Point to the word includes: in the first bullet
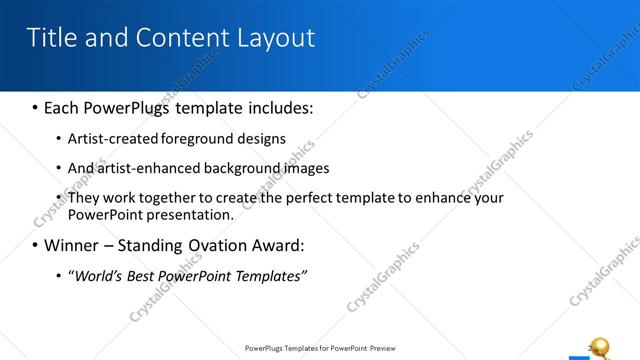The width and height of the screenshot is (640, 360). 278,106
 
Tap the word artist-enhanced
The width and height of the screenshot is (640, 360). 146,168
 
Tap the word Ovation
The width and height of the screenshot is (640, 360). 217,245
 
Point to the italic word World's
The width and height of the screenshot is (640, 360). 97,275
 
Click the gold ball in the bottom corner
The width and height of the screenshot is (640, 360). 600,346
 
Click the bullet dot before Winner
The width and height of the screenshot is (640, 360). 35,246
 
